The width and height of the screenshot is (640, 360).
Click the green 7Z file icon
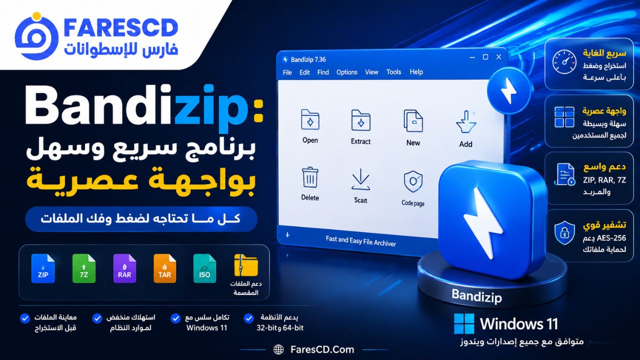pos(83,268)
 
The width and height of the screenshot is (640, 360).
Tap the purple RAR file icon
pos(124,268)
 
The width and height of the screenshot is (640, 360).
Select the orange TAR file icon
pos(164,268)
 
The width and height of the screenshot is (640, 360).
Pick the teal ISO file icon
pos(204,268)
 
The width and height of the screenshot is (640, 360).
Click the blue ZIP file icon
pos(43,268)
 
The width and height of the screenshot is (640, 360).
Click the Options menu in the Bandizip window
pos(347,72)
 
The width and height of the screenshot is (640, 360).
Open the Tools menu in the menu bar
pos(393,72)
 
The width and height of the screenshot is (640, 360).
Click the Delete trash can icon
pos(310,177)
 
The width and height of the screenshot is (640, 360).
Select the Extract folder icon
pos(361,120)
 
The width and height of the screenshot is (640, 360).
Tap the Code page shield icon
pos(413,181)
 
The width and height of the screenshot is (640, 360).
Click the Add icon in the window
pos(466,121)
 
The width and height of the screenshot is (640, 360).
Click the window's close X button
pos(499,57)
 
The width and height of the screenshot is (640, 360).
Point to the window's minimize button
pos(472,57)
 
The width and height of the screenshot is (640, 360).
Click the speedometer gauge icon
pos(564,61)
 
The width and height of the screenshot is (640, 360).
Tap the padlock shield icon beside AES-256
pos(564,233)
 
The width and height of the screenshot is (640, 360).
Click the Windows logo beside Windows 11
pos(464,323)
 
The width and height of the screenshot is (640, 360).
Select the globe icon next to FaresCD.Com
pos(278,349)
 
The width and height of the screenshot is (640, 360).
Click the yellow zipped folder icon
pos(245,265)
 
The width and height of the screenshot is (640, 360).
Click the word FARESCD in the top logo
pos(121,27)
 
